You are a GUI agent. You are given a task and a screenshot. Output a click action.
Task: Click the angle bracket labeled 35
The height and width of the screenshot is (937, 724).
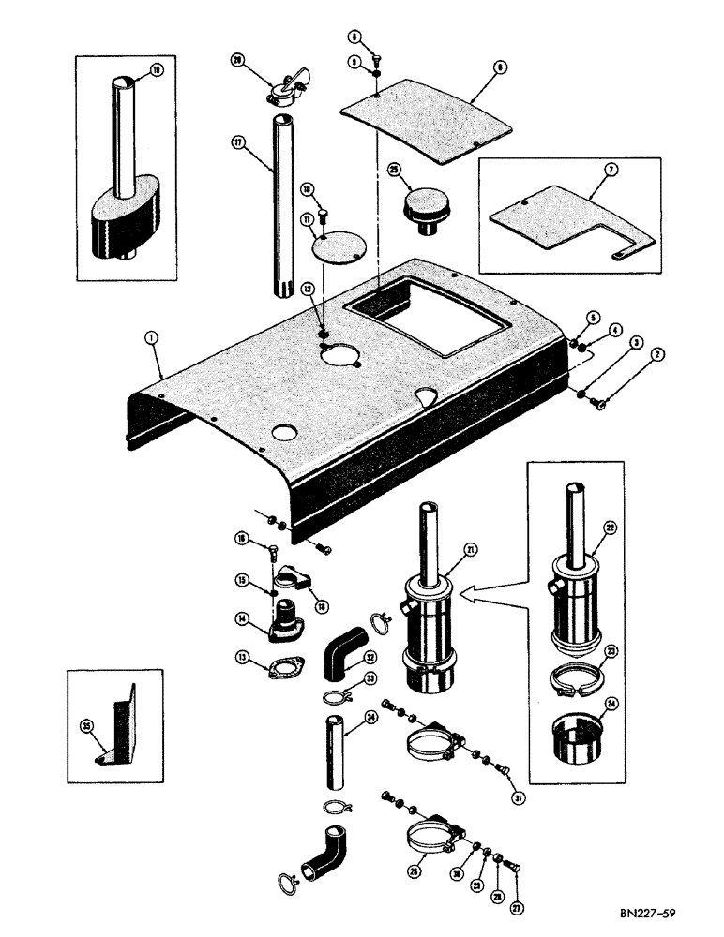[x=119, y=723]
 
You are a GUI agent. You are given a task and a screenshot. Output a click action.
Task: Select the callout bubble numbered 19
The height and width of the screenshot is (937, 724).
[x=156, y=69]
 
